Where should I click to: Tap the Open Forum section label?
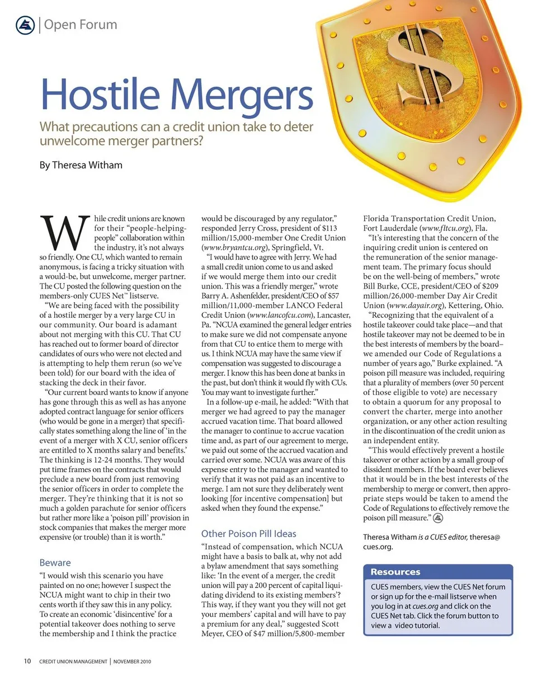(81, 25)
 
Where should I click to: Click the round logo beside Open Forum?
(25, 25)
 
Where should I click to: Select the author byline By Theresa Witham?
(81, 165)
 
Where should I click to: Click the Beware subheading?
(55, 562)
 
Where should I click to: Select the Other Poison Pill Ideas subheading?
(248, 533)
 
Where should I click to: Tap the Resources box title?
(395, 572)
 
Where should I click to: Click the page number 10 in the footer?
(27, 661)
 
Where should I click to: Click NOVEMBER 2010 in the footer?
(132, 662)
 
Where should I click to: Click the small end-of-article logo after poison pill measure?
(439, 518)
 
